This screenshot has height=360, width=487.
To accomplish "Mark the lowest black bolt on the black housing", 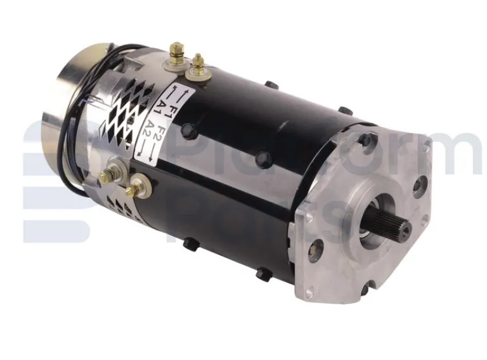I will (260, 274).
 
